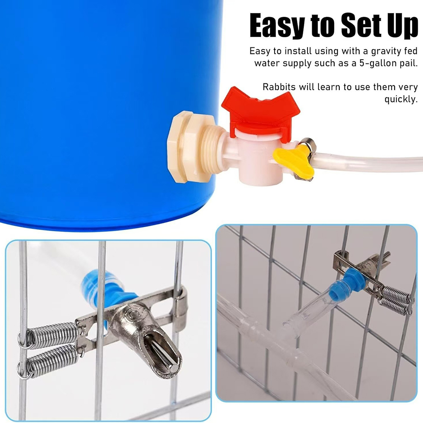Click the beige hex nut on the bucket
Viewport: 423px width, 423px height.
[180, 147]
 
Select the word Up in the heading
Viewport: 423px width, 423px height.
[403, 26]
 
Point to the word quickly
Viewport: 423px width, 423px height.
[401, 99]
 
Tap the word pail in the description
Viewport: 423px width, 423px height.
[409, 63]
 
